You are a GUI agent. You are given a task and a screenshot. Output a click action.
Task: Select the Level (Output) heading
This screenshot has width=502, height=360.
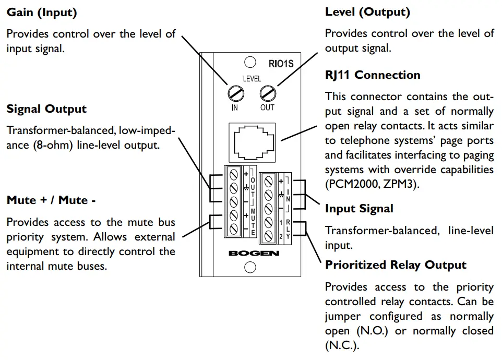point(367,11)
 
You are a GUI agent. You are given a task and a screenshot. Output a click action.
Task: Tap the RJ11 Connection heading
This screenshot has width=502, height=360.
point(373,75)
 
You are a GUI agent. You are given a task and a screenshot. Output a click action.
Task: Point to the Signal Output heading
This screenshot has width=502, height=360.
point(46,109)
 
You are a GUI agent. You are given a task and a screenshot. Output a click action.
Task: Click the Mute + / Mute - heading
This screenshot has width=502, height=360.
point(51,200)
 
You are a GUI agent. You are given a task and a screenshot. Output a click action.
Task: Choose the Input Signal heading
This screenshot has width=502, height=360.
point(359,209)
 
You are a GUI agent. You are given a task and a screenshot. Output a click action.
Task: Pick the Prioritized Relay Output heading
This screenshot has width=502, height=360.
point(396,265)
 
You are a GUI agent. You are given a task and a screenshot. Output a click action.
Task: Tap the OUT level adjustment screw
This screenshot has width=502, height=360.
point(267,94)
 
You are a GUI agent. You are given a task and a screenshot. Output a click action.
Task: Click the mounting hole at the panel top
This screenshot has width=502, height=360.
point(250,63)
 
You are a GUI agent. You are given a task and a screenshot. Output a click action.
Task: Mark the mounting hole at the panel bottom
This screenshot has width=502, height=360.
point(250,267)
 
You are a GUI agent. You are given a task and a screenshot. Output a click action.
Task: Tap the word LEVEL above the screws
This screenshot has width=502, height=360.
point(252,79)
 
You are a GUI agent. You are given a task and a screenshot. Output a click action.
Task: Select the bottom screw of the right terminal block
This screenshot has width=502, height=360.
point(269,236)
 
